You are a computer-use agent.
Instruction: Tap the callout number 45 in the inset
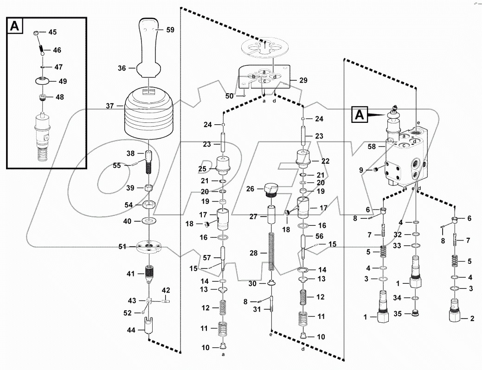(x=52, y=32)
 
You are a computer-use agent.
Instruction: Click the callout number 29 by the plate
(x=303, y=80)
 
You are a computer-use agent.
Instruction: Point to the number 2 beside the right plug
(x=472, y=319)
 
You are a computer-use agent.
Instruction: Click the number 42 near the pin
(x=166, y=290)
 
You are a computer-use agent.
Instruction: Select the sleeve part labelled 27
(x=272, y=217)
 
